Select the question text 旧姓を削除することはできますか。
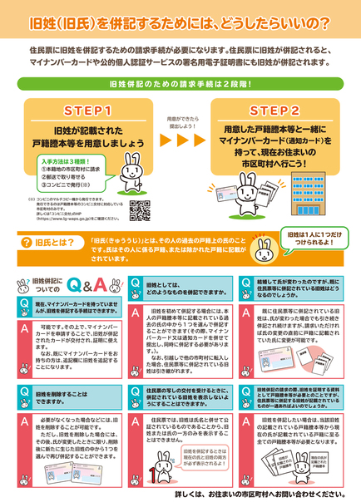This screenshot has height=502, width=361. (63, 396)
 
